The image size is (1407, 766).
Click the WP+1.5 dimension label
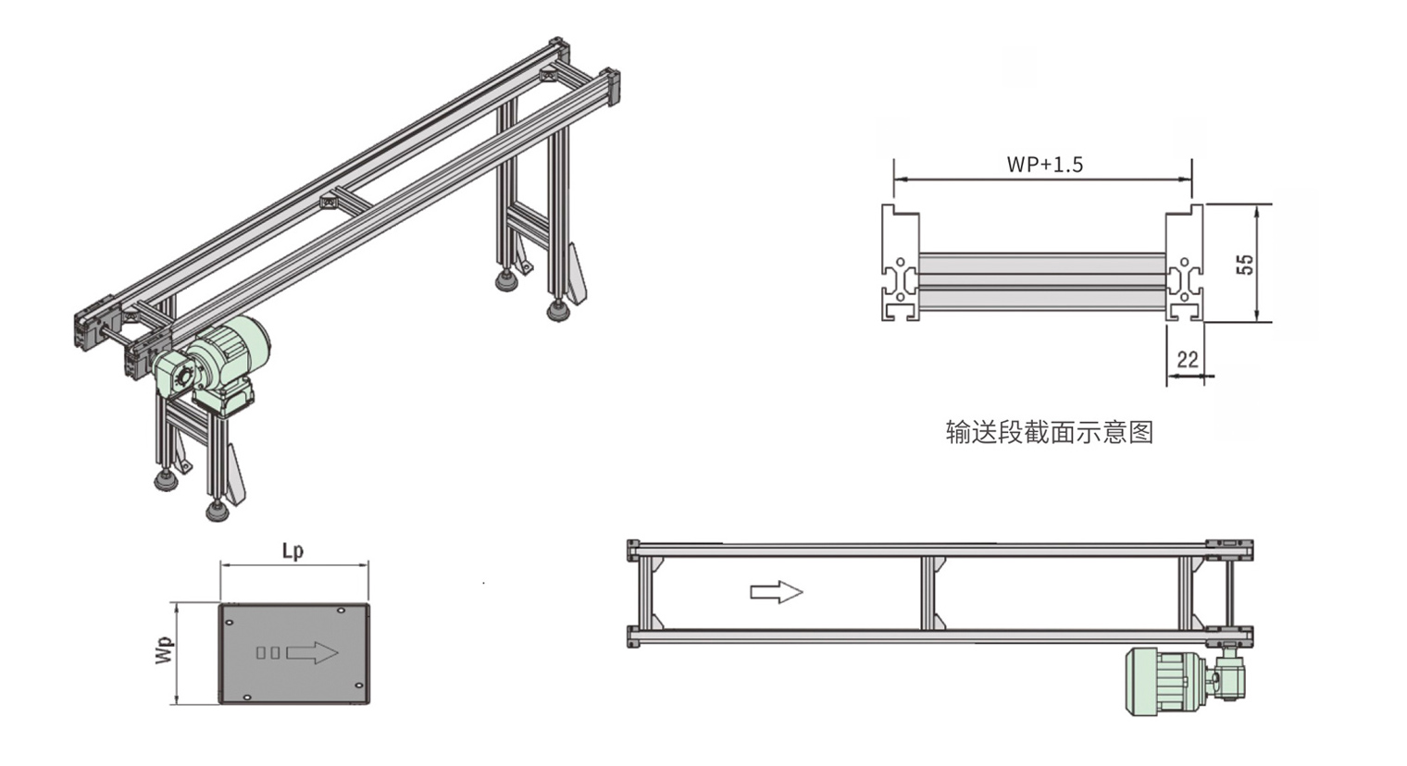pyautogui.click(x=1044, y=165)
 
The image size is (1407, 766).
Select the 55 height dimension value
pyautogui.click(x=1245, y=264)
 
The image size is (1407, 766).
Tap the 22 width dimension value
pyautogui.click(x=1187, y=359)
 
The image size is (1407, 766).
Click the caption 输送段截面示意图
pyautogui.click(x=1050, y=431)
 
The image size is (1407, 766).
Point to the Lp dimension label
pyautogui.click(x=293, y=550)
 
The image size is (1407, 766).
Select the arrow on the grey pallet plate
pyautogui.click(x=312, y=652)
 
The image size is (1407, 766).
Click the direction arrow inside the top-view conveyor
pyautogui.click(x=776, y=591)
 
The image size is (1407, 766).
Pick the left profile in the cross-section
pyautogui.click(x=899, y=264)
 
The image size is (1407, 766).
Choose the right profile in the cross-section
pyautogui.click(x=1184, y=264)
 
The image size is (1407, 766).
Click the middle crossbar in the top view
pyautogui.click(x=928, y=592)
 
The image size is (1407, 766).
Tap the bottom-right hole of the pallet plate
pyautogui.click(x=359, y=686)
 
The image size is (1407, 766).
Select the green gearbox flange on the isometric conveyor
pyautogui.click(x=180, y=377)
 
